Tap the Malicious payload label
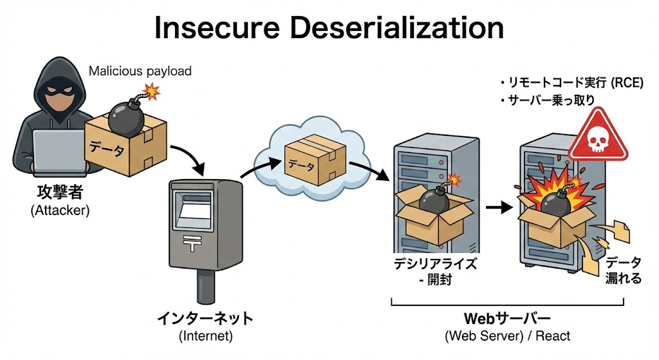(140, 71)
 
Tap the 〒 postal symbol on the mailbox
(192, 243)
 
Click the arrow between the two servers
(496, 208)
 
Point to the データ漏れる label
(623, 270)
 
